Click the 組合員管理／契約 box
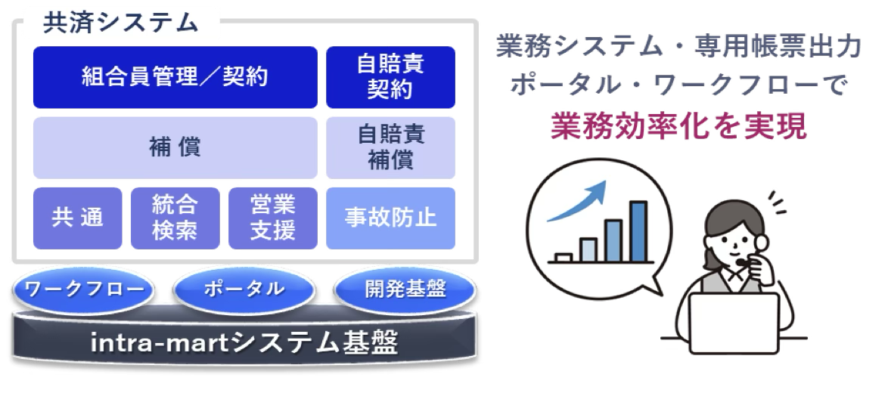tap(175, 77)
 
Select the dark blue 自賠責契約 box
tap(390, 77)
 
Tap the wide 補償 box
tap(175, 147)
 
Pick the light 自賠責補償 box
tap(390, 147)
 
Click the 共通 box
tap(78, 218)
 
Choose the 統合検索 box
tap(175, 218)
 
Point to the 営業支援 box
tap(272, 218)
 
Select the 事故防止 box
tap(390, 218)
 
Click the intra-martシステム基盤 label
tap(244, 342)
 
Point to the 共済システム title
tap(120, 23)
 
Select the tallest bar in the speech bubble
tap(638, 231)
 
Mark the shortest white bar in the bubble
tap(564, 258)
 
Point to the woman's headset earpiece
tap(762, 243)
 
